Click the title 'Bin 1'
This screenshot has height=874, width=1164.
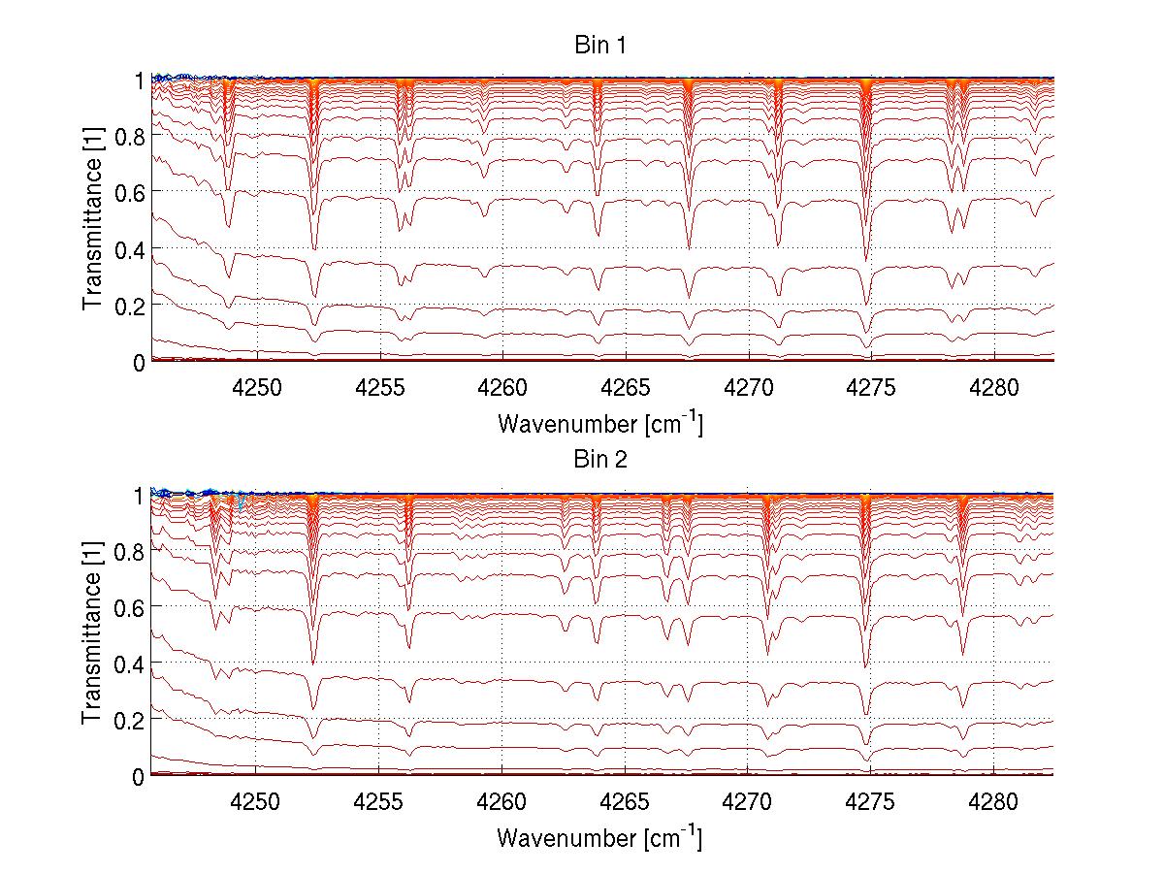(601, 46)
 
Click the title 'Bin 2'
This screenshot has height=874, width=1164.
(601, 460)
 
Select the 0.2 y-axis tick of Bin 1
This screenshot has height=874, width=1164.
(129, 305)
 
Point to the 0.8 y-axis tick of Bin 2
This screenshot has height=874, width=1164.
(129, 551)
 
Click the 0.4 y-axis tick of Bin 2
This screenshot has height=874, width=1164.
(129, 664)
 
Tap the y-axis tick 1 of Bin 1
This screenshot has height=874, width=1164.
(139, 80)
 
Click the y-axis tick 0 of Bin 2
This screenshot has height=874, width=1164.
(139, 776)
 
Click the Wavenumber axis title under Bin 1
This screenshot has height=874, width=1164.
(599, 423)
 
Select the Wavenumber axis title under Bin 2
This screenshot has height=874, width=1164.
(599, 837)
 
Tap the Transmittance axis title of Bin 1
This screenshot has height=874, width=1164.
(93, 220)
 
